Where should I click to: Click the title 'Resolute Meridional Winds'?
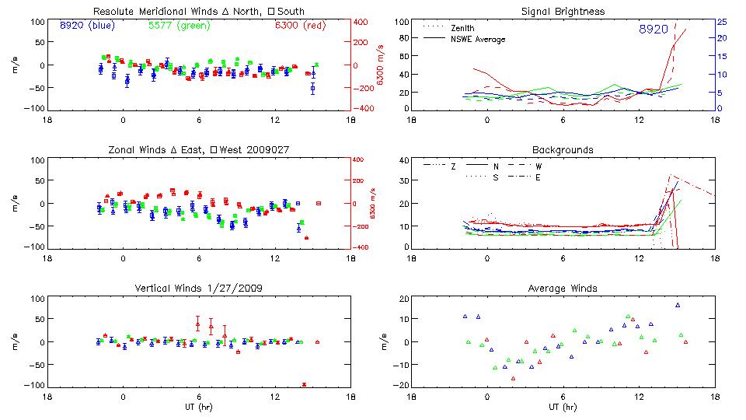tap(199, 12)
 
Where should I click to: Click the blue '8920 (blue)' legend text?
tap(87, 26)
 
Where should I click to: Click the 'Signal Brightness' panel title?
tap(563, 12)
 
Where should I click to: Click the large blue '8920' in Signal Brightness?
tap(653, 30)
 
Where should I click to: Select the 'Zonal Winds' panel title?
tap(199, 149)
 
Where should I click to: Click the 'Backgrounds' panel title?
tap(563, 149)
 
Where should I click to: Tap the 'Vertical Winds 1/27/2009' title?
tap(199, 289)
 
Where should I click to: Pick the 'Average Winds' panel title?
tap(563, 289)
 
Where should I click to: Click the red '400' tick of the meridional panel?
tap(363, 22)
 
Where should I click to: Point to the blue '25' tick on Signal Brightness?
tap(721, 22)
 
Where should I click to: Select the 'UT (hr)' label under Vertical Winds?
tap(199, 407)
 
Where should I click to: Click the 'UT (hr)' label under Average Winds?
tap(563, 407)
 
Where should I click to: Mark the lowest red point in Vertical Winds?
tap(304, 384)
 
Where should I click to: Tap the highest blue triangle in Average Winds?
tap(678, 306)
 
